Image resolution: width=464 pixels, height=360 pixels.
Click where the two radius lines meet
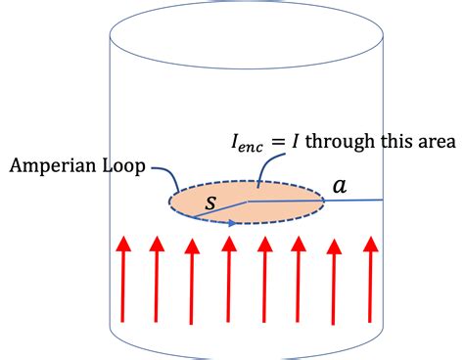click(x=247, y=201)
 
